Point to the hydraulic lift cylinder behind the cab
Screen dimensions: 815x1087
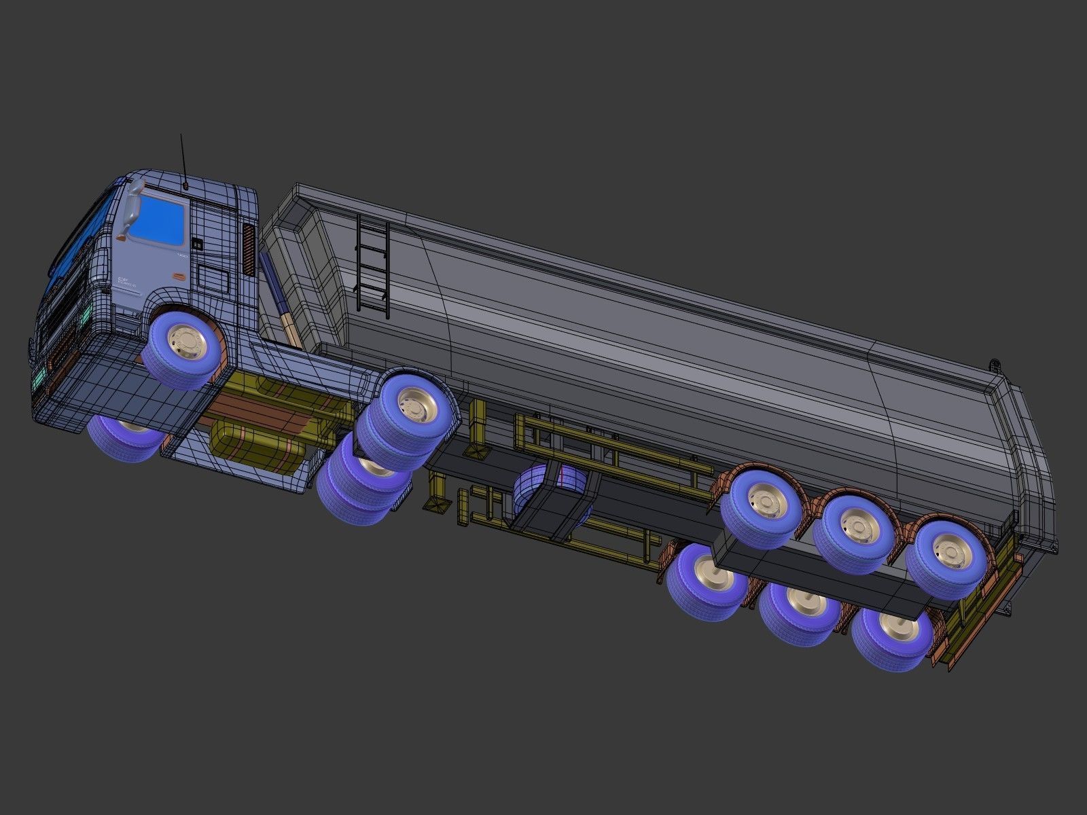pos(274,292)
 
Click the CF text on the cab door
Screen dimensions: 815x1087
pos(123,279)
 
